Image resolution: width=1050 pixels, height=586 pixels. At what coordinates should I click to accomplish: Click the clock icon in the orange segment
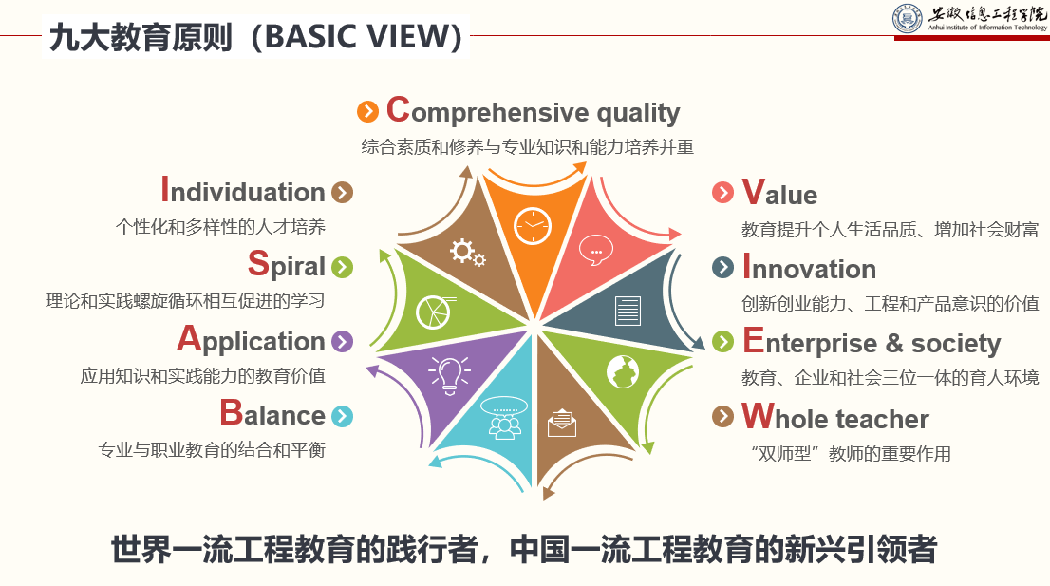pos(533,226)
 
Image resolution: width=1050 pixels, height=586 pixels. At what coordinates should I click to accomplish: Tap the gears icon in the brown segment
pos(467,252)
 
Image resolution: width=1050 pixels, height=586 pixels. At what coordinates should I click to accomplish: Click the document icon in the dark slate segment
pos(628,311)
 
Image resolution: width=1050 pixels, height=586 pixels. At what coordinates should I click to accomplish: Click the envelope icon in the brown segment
pos(562,423)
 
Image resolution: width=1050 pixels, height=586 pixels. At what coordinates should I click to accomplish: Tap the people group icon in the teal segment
pos(504,419)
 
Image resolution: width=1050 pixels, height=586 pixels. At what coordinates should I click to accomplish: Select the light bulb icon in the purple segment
pos(449,372)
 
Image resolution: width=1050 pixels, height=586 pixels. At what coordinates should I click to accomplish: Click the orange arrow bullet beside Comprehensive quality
pos(367,112)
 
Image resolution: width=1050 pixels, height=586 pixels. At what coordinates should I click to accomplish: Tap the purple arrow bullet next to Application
pos(342,342)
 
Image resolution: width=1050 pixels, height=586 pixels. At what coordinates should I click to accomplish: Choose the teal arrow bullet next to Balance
pos(342,416)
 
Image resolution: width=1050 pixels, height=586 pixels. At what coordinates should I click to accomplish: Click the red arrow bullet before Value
pos(723,193)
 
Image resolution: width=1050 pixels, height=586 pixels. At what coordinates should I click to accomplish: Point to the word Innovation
pos(809,268)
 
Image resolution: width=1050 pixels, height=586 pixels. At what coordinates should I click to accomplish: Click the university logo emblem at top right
pos(908,19)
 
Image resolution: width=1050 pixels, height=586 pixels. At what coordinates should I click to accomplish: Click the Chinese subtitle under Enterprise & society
pos(890,378)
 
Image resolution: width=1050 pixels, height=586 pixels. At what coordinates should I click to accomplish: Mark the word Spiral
pos(286,265)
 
